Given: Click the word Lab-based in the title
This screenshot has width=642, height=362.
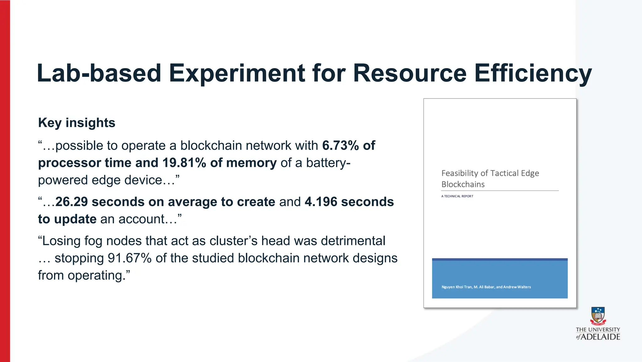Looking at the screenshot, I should pyautogui.click(x=99, y=73).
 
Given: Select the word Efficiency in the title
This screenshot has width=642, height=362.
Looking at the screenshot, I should pyautogui.click(x=533, y=73).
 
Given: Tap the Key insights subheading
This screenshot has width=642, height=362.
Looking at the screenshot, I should pyautogui.click(x=76, y=123).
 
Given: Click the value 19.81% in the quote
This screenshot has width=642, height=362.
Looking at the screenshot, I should pyautogui.click(x=184, y=163).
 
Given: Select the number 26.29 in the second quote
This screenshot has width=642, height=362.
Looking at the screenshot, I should pyautogui.click(x=71, y=202).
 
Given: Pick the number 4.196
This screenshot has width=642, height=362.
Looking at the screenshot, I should pyautogui.click(x=321, y=202).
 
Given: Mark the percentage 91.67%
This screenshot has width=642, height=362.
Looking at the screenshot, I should pyautogui.click(x=129, y=258).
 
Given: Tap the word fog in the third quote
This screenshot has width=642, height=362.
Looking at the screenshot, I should pyautogui.click(x=93, y=241).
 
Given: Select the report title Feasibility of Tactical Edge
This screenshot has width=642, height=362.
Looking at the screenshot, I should pyautogui.click(x=490, y=173).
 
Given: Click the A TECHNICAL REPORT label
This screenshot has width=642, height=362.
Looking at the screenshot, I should pyautogui.click(x=457, y=196).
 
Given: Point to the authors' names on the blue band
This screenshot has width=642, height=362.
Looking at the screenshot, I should pyautogui.click(x=486, y=287).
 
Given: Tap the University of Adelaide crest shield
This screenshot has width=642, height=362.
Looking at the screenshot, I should pyautogui.click(x=598, y=315).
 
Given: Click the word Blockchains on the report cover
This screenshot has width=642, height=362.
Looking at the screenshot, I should pyautogui.click(x=463, y=184).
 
